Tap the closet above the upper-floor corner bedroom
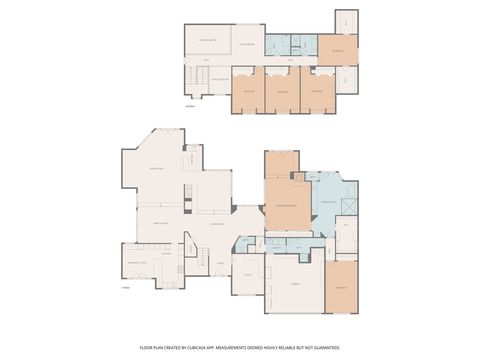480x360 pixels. (345, 20)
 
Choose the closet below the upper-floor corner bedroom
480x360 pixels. (345, 79)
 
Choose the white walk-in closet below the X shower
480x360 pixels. (347, 235)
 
